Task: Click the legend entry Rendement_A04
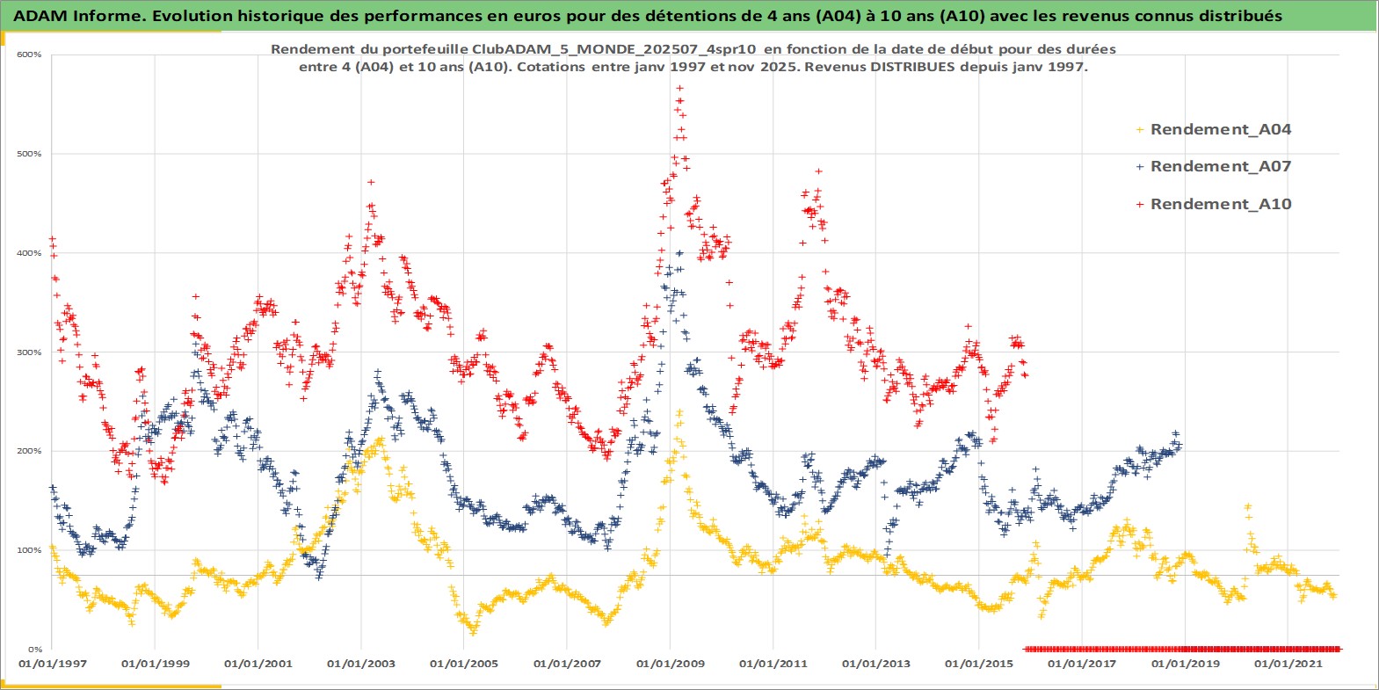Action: pyautogui.click(x=1220, y=129)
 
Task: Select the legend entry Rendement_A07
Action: pyautogui.click(x=1220, y=166)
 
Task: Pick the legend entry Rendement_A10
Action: pyautogui.click(x=1220, y=204)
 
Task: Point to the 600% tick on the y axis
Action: pyautogui.click(x=29, y=54)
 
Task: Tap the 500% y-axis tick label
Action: pyautogui.click(x=29, y=154)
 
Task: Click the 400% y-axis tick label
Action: pyautogui.click(x=29, y=253)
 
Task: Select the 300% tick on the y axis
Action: pyautogui.click(x=29, y=352)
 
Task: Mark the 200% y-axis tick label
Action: pyautogui.click(x=29, y=451)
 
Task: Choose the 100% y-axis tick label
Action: pyautogui.click(x=29, y=550)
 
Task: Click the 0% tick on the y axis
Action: pyautogui.click(x=33, y=650)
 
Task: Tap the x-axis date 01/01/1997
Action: pyautogui.click(x=53, y=664)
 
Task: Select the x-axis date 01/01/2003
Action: pyautogui.click(x=361, y=664)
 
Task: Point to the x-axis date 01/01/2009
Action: pyautogui.click(x=671, y=664)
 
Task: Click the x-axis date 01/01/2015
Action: pyautogui.click(x=979, y=664)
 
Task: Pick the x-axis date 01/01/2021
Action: pyautogui.click(x=1288, y=664)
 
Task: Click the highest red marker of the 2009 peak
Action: pyautogui.click(x=680, y=88)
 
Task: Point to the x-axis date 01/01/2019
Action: pyautogui.click(x=1185, y=664)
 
